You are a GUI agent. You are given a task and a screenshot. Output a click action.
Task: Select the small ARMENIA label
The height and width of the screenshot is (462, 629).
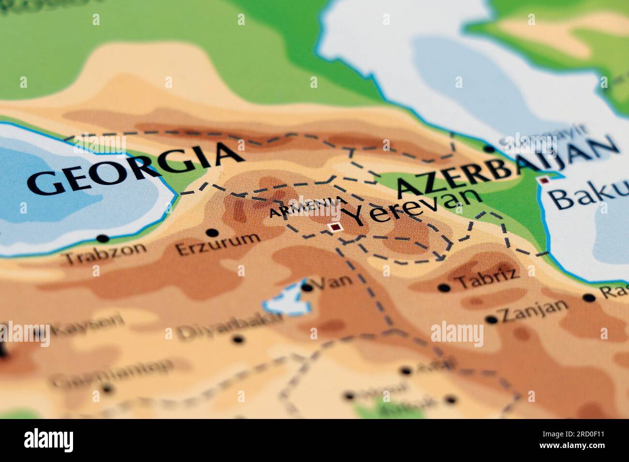click(x=308, y=207)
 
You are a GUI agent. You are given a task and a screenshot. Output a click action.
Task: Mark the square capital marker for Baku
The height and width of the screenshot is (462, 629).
click(x=544, y=180)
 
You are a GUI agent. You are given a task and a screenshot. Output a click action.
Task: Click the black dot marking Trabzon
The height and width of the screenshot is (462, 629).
click(x=102, y=238)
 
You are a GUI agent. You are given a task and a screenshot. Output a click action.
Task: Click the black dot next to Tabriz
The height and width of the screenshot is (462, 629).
click(x=443, y=288)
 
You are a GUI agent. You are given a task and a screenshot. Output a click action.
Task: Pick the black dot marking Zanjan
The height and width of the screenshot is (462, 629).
click(x=491, y=319)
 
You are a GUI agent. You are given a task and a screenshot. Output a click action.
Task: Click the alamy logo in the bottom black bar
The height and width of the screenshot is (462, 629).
click(x=49, y=440)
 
